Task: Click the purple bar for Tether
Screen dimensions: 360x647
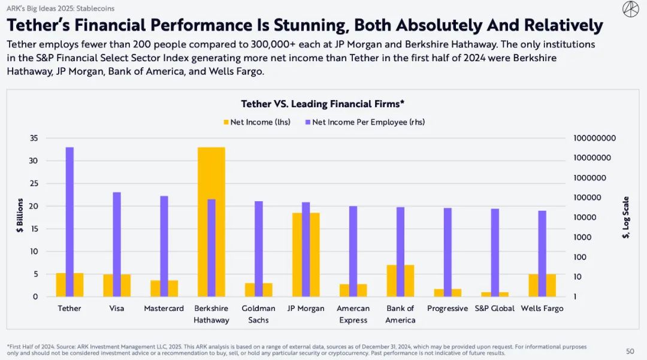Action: pos(69,222)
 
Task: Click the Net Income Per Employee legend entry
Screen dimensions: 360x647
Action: pos(365,122)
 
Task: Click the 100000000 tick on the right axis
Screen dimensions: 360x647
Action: pos(594,138)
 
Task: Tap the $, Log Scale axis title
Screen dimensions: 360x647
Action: pos(625,217)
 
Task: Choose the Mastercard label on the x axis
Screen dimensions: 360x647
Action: pos(164,308)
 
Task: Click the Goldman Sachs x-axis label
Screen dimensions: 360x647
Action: pos(258,314)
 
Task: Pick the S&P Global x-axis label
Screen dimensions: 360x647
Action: pos(494,308)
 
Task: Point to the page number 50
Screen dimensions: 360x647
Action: pos(630,351)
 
